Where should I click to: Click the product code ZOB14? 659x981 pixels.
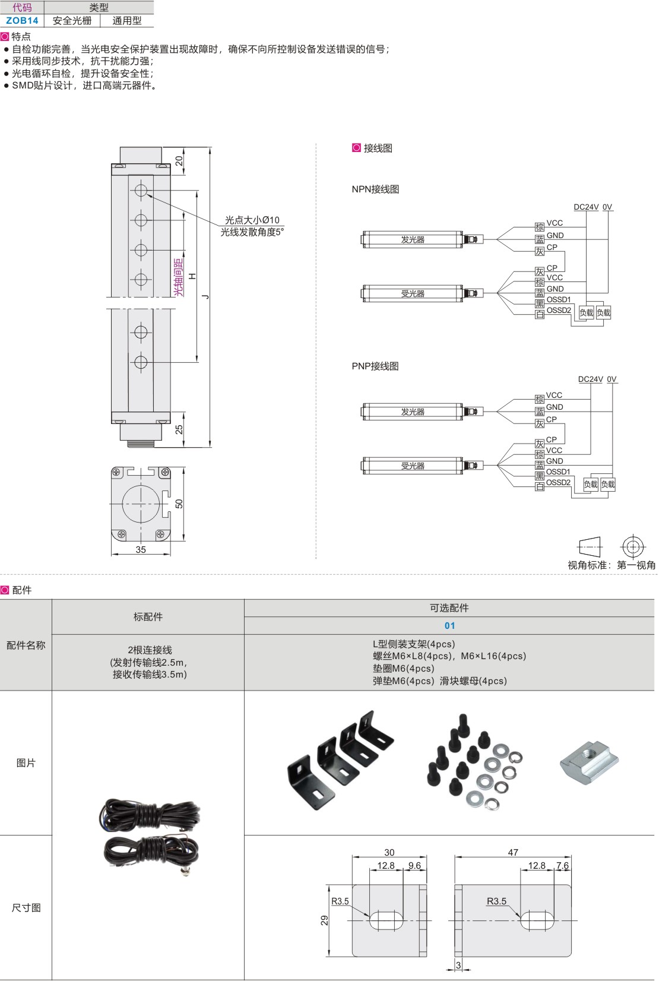tap(22, 20)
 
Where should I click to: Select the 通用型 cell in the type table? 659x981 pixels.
tap(127, 20)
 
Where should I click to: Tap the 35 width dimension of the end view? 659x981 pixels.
tap(141, 549)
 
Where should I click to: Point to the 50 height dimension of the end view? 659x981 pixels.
tap(179, 504)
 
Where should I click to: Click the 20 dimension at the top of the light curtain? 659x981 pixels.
tap(179, 160)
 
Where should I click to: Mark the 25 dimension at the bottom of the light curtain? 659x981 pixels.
tap(179, 429)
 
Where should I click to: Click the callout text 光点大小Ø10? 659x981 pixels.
tap(252, 220)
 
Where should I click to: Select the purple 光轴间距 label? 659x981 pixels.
tap(179, 277)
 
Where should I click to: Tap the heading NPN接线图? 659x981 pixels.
tap(375, 189)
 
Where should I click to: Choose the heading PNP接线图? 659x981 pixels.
tap(375, 366)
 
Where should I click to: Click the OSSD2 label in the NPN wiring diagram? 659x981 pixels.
tap(559, 310)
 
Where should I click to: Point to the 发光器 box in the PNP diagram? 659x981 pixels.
tap(413, 412)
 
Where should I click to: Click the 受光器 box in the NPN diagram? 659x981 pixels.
tap(413, 293)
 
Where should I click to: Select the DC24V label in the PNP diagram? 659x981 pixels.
tap(590, 379)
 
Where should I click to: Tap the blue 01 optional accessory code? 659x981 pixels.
tap(449, 625)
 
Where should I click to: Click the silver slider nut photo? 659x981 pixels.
tap(590, 761)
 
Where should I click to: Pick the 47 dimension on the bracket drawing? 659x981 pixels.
tap(513, 852)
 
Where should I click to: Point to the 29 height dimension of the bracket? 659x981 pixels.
tap(325, 920)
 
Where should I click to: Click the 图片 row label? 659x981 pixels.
tap(26, 762)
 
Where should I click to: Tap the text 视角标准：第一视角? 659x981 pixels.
tap(611, 565)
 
